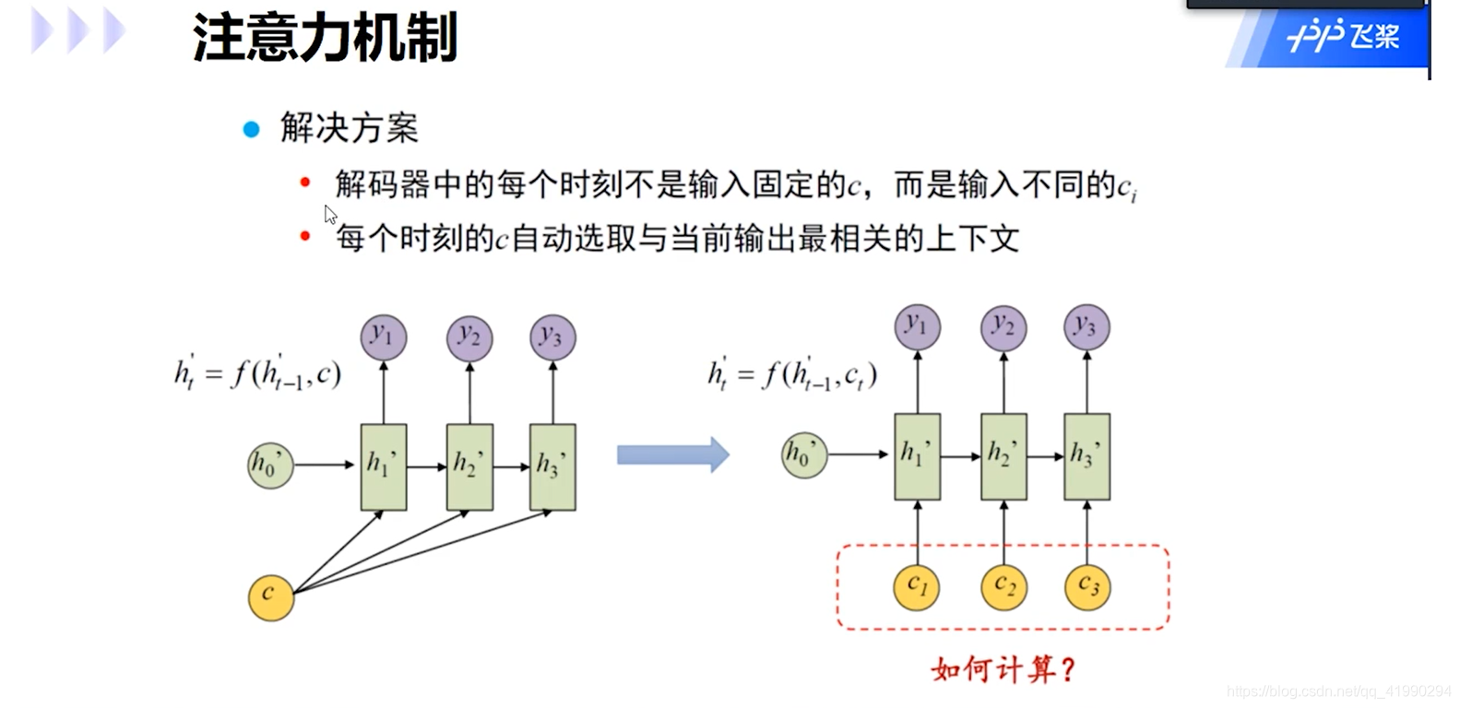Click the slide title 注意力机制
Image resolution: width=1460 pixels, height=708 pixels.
pyautogui.click(x=325, y=39)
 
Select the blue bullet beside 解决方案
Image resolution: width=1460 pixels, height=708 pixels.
pyautogui.click(x=251, y=129)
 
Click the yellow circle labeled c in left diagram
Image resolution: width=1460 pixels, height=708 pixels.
pyautogui.click(x=270, y=596)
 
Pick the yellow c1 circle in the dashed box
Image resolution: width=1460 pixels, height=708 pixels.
pyautogui.click(x=917, y=586)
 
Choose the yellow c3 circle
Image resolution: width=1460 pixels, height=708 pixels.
pyautogui.click(x=1087, y=586)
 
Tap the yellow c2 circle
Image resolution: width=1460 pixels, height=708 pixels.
pyautogui.click(x=1003, y=586)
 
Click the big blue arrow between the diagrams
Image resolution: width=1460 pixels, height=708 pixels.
pyautogui.click(x=672, y=454)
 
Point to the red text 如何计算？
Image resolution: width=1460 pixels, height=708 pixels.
pyautogui.click(x=1003, y=669)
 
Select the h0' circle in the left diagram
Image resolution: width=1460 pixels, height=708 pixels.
pyautogui.click(x=269, y=466)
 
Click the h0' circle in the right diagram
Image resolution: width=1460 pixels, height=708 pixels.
pyautogui.click(x=803, y=454)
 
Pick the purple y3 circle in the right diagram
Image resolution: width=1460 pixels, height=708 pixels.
pyautogui.click(x=1086, y=327)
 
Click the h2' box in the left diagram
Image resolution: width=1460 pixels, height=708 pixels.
pyautogui.click(x=469, y=466)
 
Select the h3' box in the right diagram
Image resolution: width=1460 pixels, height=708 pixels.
pyautogui.click(x=1086, y=456)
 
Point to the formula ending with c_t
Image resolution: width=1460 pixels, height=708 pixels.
pyautogui.click(x=792, y=374)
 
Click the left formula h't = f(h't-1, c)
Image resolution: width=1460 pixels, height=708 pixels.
pyautogui.click(x=257, y=374)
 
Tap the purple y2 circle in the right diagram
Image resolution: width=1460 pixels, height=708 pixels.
pyautogui.click(x=1003, y=327)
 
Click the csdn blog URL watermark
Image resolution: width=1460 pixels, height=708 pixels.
pyautogui.click(x=1338, y=691)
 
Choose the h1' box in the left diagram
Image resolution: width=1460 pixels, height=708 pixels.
pyautogui.click(x=384, y=466)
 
